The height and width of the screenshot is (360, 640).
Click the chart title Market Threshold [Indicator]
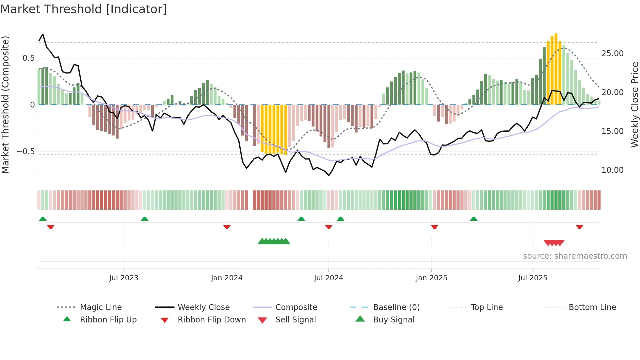pyautogui.click(x=84, y=9)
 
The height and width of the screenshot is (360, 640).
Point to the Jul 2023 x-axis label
pyautogui.click(x=124, y=278)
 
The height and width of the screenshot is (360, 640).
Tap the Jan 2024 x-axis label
pyautogui.click(x=227, y=278)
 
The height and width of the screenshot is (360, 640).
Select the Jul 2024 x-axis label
pyautogui.click(x=328, y=278)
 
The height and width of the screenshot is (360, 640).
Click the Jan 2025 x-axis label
pyautogui.click(x=431, y=278)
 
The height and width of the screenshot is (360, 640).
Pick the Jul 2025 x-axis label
pyautogui.click(x=533, y=278)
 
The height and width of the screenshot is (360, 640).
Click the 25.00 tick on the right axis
pyautogui.click(x=612, y=54)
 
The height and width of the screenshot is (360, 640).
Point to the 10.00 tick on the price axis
pyautogui.click(x=612, y=170)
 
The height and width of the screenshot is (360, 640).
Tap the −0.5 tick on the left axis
pyautogui.click(x=26, y=152)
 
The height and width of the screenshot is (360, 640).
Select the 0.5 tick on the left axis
pyautogui.click(x=28, y=58)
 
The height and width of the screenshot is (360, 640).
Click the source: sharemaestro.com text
pyautogui.click(x=575, y=256)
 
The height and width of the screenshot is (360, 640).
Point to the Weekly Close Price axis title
pyautogui.click(x=634, y=105)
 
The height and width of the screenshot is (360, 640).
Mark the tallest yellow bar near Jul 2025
pyautogui.click(x=556, y=69)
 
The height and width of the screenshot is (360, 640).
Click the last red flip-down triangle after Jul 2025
pyautogui.click(x=579, y=227)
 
